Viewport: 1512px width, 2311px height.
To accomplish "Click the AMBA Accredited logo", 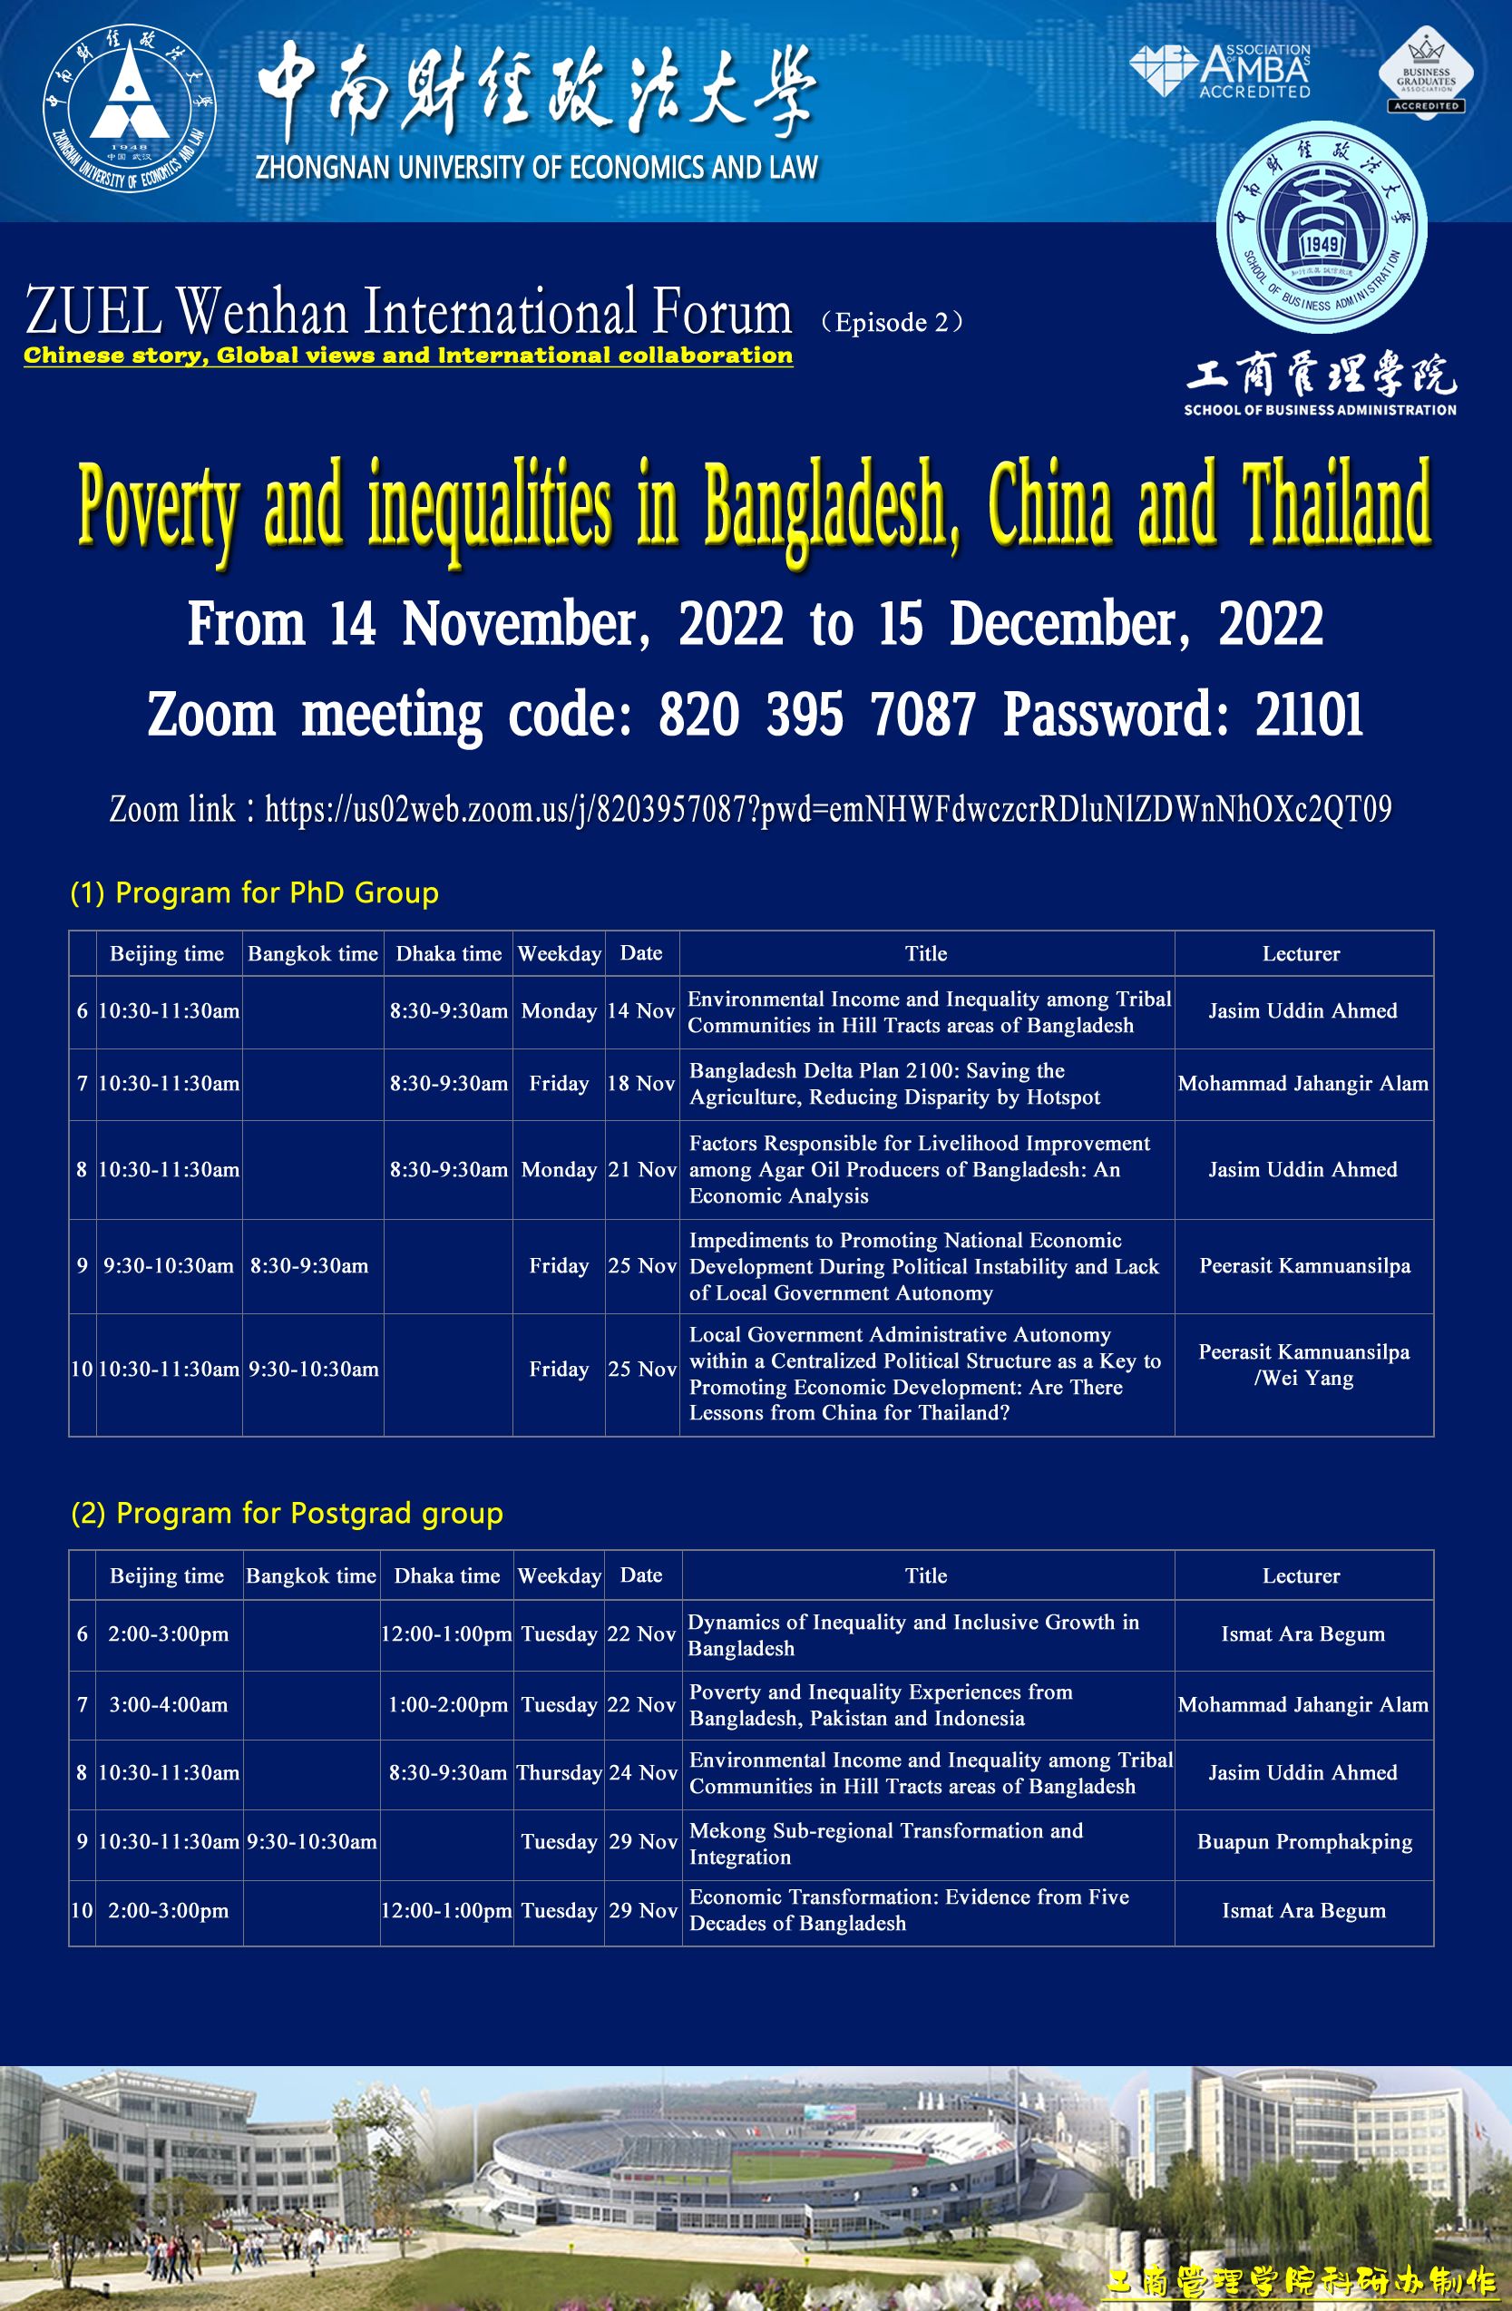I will pyautogui.click(x=1221, y=70).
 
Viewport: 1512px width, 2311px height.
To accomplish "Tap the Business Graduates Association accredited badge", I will pyautogui.click(x=1426, y=73).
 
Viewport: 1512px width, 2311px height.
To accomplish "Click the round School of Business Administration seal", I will pyautogui.click(x=1321, y=229).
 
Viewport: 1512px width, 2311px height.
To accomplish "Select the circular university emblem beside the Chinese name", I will pyautogui.click(x=129, y=108).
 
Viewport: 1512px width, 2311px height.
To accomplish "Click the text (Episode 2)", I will pyautogui.click(x=891, y=322).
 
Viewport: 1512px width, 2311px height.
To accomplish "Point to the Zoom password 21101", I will pyautogui.click(x=1309, y=715).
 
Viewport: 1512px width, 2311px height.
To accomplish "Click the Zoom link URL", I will pyautogui.click(x=828, y=809).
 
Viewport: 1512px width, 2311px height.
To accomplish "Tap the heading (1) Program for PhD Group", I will pyautogui.click(x=255, y=892).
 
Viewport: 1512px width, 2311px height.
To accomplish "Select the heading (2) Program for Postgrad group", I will pyautogui.click(x=287, y=1513).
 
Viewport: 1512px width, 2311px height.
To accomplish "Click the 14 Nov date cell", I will pyautogui.click(x=641, y=1010).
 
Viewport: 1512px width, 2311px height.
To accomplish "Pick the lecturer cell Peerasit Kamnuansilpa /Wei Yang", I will pyautogui.click(x=1303, y=1364).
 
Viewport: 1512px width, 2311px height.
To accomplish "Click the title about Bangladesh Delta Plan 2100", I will pyautogui.click(x=894, y=1084).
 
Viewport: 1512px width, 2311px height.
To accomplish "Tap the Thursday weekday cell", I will pyautogui.click(x=560, y=1772).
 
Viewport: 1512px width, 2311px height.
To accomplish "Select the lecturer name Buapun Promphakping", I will pyautogui.click(x=1304, y=1841).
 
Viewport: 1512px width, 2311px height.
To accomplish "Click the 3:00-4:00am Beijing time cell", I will pyautogui.click(x=168, y=1704).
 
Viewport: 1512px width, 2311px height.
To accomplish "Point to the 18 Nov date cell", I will pyautogui.click(x=641, y=1084).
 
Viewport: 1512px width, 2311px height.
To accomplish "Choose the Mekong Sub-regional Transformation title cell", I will pyautogui.click(x=885, y=1843).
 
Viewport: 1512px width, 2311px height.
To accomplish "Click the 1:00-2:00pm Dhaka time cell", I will pyautogui.click(x=448, y=1704).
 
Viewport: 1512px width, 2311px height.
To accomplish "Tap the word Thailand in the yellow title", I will pyautogui.click(x=1337, y=505).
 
